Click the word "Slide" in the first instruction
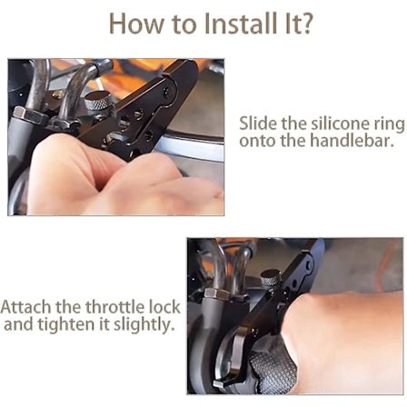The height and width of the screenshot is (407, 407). tap(258, 123)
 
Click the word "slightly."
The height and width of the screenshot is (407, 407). tap(141, 325)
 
